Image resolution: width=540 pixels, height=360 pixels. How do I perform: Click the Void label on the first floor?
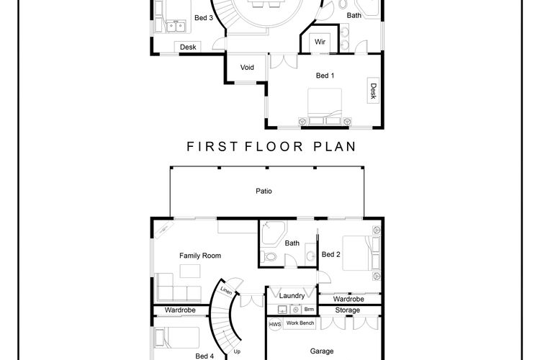247,68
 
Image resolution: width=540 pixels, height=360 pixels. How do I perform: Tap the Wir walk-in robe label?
320,42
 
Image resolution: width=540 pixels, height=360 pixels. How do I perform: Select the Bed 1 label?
325,76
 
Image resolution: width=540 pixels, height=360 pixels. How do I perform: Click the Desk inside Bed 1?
373,91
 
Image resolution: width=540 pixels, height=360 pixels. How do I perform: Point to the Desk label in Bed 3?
188,48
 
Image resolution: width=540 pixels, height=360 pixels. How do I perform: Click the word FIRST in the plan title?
212,147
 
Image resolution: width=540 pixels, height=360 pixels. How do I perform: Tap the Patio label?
264,192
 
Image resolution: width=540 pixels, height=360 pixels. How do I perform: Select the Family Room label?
200,256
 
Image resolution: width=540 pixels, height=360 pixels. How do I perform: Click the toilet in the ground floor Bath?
269,256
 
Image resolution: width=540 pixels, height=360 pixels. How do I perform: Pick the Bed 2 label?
331,255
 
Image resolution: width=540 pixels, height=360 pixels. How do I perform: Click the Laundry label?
292,296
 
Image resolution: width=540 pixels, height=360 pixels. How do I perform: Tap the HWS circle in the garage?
275,324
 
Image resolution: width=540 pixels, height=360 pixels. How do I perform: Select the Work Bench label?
300,323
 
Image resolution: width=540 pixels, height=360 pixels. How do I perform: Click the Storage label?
348,310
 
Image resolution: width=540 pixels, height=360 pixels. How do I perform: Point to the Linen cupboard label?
226,291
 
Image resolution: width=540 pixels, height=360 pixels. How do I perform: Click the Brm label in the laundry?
309,310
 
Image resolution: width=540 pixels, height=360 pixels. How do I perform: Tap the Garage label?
322,351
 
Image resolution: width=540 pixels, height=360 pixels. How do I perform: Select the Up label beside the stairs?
237,352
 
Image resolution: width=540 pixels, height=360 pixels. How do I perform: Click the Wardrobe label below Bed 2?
348,299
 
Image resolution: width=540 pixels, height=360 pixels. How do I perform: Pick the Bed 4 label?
204,356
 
